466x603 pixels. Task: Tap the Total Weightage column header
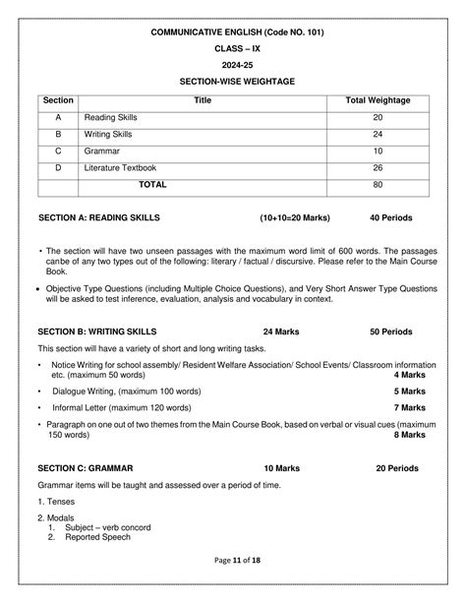pos(379,100)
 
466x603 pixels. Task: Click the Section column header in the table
pos(59,100)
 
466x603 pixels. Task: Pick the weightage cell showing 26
pos(379,168)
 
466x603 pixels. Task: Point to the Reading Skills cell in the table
pos(111,117)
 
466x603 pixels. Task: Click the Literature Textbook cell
pos(121,168)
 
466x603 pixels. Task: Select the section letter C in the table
pos(59,151)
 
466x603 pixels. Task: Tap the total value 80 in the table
pos(379,185)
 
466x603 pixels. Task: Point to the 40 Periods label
pos(391,216)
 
